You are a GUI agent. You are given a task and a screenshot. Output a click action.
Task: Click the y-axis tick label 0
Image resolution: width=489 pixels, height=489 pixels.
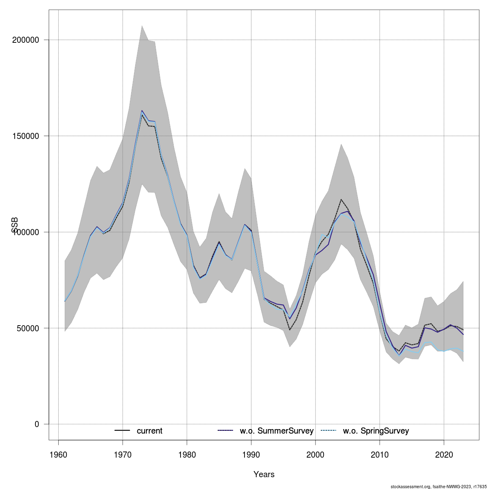[37, 424]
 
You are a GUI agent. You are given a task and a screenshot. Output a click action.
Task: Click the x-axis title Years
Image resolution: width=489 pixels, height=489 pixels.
[264, 474]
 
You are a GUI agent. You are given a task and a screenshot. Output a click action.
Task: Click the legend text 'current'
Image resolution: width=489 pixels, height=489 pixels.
[150, 431]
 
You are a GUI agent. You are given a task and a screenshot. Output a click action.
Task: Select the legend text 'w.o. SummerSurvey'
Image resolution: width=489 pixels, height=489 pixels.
[277, 431]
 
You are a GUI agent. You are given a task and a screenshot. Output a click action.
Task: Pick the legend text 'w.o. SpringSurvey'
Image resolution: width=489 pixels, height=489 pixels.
[376, 431]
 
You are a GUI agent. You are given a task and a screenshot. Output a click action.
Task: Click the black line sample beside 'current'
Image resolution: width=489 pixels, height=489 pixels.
[122, 431]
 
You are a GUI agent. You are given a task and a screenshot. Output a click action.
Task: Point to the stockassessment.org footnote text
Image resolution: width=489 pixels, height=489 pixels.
[438, 487]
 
